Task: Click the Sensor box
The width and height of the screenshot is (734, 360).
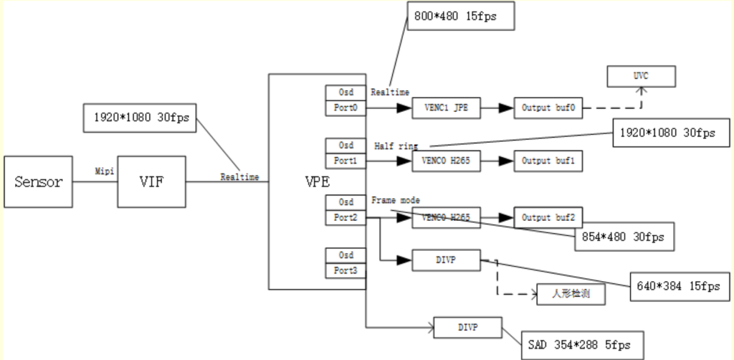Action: tap(38, 181)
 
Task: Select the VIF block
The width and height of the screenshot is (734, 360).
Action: tap(151, 182)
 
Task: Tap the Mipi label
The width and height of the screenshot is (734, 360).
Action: tap(105, 172)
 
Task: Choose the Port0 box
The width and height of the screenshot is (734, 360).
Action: tap(345, 108)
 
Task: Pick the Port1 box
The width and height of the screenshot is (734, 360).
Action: tap(345, 161)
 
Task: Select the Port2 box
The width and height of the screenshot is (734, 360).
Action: tap(345, 217)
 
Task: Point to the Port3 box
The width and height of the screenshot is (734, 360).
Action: tap(345, 270)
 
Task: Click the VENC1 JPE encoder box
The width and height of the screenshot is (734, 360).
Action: tap(446, 108)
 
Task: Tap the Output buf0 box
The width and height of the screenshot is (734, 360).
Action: tap(548, 108)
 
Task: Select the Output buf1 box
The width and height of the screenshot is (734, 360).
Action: tap(548, 161)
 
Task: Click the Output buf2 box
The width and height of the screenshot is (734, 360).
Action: tap(548, 217)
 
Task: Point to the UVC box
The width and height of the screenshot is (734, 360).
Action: tap(641, 75)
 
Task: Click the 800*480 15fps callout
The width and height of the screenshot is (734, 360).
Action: tap(461, 16)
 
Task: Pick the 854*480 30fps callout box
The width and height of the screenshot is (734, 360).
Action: tap(624, 237)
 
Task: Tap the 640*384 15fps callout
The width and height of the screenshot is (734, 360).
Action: tap(678, 285)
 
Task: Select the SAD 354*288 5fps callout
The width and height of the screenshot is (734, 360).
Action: tap(583, 345)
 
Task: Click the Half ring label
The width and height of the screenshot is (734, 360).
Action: tap(396, 146)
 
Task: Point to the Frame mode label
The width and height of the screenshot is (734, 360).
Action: tap(396, 200)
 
